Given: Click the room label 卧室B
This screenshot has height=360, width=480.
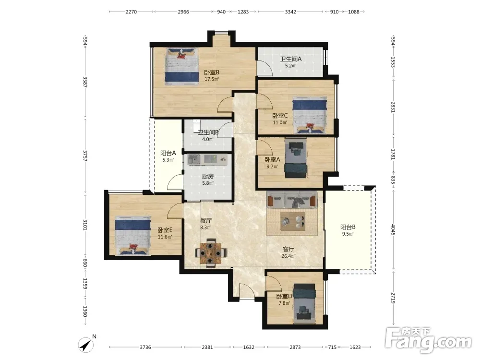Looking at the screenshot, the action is point(212,72).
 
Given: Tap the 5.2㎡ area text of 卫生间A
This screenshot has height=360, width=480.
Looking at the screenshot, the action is point(290,65).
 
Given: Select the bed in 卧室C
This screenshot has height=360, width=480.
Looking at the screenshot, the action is point(310,115).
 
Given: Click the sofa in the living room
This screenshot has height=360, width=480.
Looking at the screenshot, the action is point(292,200).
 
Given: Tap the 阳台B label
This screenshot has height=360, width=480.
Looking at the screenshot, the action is point(348,227).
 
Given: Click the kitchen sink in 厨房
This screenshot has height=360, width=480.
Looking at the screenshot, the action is point(194,159).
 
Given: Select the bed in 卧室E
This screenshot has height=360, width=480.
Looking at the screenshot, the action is point(132,235).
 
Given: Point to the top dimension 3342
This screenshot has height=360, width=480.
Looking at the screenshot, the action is point(290,12).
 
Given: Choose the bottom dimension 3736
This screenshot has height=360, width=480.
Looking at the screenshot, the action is point(145,347).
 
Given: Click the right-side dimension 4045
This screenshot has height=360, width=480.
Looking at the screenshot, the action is point(394,229).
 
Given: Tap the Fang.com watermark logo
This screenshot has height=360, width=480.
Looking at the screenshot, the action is point(428,339).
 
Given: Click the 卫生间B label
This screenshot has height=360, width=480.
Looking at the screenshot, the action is point(208,132).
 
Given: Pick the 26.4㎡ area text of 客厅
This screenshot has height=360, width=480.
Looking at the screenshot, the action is point(288,256).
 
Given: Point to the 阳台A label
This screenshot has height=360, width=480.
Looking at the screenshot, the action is point(168,153).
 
